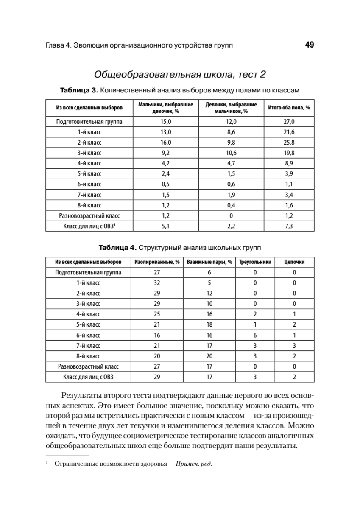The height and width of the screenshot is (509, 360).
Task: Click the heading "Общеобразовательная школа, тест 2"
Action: click(x=180, y=75)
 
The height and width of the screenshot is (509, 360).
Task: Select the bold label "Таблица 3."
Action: click(x=79, y=91)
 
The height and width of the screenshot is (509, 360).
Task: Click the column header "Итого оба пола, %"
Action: click(x=289, y=108)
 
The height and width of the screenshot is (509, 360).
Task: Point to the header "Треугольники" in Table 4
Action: click(x=255, y=262)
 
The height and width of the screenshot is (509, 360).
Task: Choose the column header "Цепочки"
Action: click(x=294, y=262)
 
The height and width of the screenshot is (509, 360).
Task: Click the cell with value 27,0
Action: click(x=289, y=121)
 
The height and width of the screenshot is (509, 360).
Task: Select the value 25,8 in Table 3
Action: click(x=289, y=142)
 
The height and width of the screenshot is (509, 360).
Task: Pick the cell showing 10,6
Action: click(x=231, y=153)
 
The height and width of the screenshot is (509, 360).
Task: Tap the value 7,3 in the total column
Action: click(x=289, y=226)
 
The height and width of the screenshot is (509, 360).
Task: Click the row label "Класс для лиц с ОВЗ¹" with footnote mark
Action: click(x=89, y=226)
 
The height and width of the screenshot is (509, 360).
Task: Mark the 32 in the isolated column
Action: click(x=157, y=283)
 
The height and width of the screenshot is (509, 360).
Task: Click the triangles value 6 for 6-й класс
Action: click(x=255, y=335)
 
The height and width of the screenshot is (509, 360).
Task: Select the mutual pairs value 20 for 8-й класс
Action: click(x=209, y=356)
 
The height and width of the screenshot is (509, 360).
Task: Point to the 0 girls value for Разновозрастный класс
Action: click(x=231, y=215)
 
